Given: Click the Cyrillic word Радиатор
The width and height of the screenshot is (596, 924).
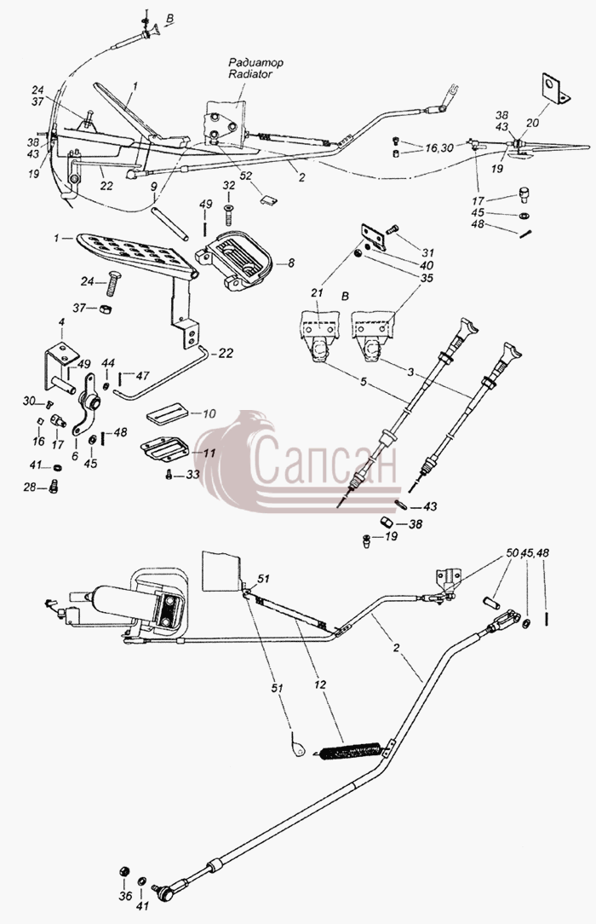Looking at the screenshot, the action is coord(256,62).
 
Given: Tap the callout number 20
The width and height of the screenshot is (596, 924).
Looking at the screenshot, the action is coord(533,123).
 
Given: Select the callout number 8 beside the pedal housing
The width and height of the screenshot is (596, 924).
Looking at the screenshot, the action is coord(290,263).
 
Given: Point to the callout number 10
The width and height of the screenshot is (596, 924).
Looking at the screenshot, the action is coord(209,413).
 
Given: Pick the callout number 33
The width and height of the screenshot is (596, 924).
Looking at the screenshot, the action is coord(193,475).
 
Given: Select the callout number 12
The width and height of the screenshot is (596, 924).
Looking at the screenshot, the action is coord(321,685).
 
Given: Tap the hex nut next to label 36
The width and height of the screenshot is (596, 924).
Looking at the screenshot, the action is coord(124,871).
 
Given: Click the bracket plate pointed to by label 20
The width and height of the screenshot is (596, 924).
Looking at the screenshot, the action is coord(554,89).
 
